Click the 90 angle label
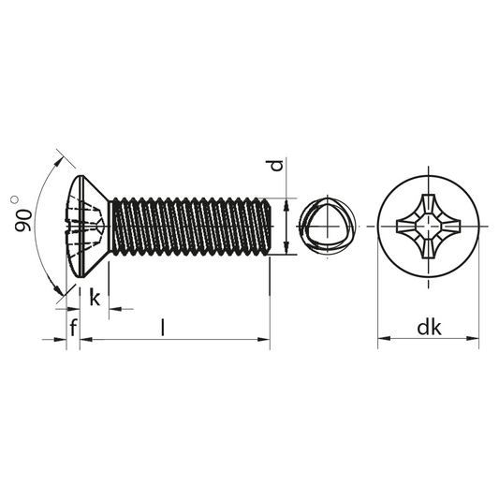pyautogui.click(x=23, y=220)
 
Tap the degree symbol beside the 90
pyautogui.click(x=14, y=199)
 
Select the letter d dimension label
pyautogui.click(x=277, y=166)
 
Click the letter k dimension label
pyautogui.click(x=95, y=297)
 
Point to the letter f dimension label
pyautogui.click(x=74, y=327)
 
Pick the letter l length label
pyautogui.click(x=163, y=327)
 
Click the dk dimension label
pyautogui.click(x=429, y=327)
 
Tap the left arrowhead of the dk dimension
pyautogui.click(x=384, y=338)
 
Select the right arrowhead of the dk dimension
pyautogui.click(x=473, y=338)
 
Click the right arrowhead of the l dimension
pyautogui.click(x=264, y=340)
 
